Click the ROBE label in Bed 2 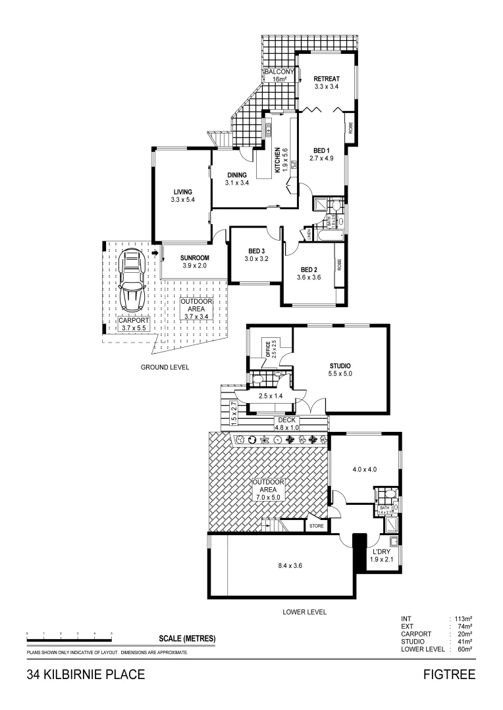click(x=340, y=264)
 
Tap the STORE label click(x=317, y=526)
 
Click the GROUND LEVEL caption click(x=165, y=367)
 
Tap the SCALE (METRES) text click(x=187, y=638)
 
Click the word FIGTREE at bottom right click(x=450, y=675)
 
